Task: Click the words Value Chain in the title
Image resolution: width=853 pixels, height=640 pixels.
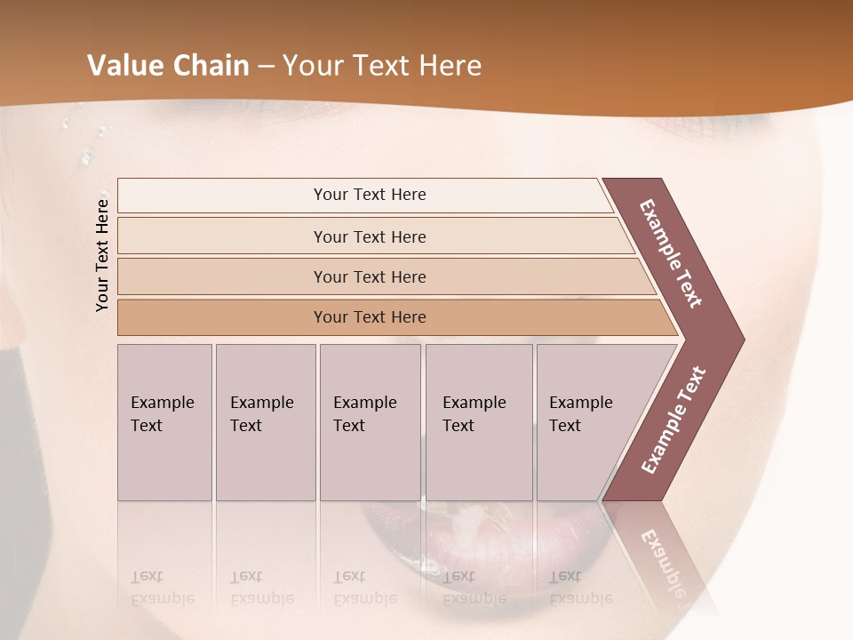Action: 168,66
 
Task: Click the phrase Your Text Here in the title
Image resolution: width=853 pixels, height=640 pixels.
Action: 382,66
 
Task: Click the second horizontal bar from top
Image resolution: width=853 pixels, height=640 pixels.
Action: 370,236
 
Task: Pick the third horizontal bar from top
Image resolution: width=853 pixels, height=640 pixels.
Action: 370,276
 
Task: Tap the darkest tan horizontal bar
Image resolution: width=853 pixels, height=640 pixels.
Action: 370,317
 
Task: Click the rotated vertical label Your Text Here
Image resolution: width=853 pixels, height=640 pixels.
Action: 102,254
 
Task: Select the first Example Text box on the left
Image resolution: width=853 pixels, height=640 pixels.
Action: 164,422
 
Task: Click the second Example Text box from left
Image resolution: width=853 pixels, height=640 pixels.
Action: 265,422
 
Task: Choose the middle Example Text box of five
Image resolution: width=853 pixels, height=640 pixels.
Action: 370,422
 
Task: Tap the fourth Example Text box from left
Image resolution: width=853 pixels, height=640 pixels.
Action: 478,422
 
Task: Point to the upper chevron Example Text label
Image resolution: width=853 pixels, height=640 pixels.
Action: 672,253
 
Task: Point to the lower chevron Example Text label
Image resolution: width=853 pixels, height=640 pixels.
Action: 674,420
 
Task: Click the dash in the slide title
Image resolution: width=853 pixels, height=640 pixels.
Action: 266,67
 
